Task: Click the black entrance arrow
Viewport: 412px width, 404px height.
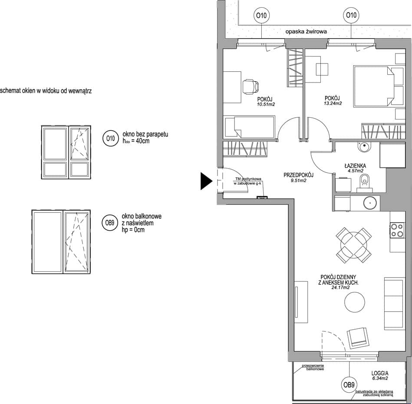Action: click(206, 181)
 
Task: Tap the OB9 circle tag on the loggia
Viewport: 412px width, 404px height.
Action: click(349, 385)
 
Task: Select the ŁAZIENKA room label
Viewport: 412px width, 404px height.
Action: click(355, 166)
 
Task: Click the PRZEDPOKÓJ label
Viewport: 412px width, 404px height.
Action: click(299, 175)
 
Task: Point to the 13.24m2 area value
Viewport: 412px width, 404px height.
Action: click(333, 103)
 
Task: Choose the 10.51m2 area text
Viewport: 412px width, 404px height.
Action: click(266, 104)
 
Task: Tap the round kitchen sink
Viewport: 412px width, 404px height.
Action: click(370, 203)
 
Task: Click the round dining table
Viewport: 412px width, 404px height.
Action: click(353, 245)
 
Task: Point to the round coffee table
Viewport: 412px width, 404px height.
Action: click(355, 302)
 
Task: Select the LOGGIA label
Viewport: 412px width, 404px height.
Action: click(380, 373)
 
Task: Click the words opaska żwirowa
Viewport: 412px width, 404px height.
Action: click(306, 32)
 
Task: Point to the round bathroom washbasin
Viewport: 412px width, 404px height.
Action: click(364, 147)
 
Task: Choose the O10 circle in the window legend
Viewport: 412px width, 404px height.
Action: click(111, 138)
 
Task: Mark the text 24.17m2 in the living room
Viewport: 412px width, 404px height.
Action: click(340, 288)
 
